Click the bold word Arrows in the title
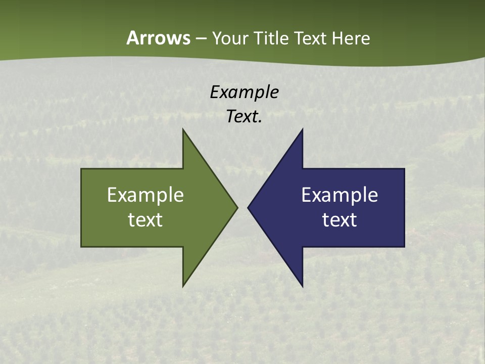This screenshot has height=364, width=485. [x=158, y=38]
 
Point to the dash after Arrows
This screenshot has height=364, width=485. [x=201, y=38]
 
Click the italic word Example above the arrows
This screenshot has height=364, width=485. [x=244, y=92]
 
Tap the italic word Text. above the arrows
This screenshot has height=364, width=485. [x=244, y=116]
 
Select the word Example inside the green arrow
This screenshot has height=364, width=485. [x=145, y=195]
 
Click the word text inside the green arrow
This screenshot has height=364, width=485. [x=145, y=220]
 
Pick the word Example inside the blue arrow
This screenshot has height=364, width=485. [x=339, y=195]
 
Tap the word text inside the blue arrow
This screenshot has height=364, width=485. [x=339, y=220]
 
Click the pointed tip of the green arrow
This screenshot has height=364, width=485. [x=237, y=207]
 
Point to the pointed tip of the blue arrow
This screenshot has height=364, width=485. [x=248, y=207]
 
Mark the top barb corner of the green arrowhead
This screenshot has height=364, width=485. [x=183, y=129]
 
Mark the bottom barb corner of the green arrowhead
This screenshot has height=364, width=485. [x=183, y=286]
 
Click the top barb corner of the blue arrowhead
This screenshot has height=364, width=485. [x=302, y=129]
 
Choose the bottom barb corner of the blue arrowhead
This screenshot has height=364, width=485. [x=302, y=286]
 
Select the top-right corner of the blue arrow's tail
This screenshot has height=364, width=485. [x=404, y=169]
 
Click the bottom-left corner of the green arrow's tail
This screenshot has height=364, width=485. [x=81, y=247]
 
